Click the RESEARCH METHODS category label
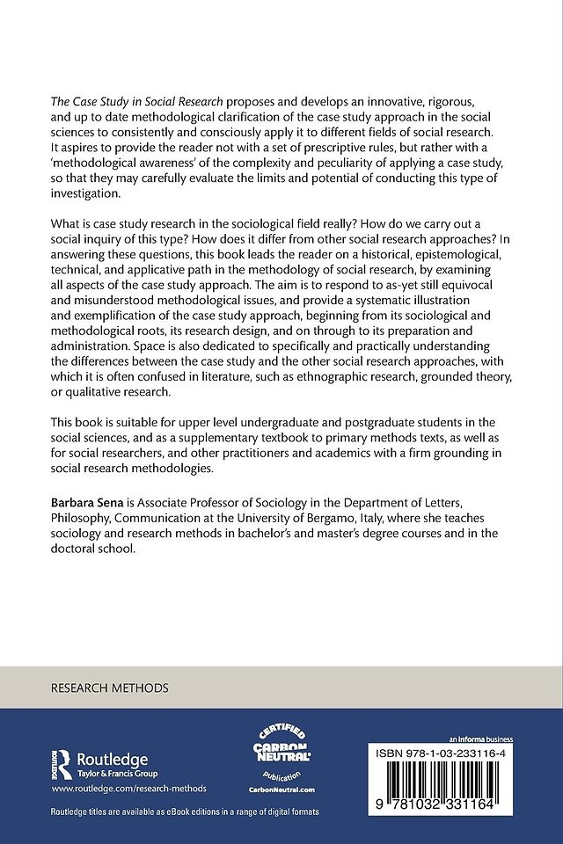pyautogui.click(x=110, y=687)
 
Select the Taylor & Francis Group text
pyautogui.click(x=114, y=774)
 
